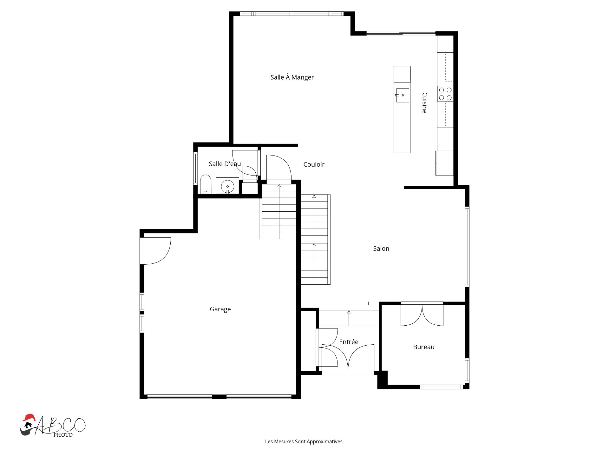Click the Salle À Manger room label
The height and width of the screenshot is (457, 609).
point(292,77)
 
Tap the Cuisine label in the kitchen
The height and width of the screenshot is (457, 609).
point(424,103)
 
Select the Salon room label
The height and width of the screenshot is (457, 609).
point(381,248)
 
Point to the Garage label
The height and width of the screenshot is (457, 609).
point(220,309)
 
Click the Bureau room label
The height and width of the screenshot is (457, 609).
point(424,347)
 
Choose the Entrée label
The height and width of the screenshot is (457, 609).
point(349,342)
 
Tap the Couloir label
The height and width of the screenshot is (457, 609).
point(314,164)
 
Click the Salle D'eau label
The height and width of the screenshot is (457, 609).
point(225,164)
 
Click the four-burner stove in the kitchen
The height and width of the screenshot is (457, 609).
point(445,94)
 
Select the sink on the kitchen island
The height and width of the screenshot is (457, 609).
point(402,95)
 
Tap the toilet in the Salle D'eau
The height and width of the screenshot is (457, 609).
point(206,184)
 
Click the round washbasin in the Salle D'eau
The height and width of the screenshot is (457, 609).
point(227,186)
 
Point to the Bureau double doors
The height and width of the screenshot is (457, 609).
point(422,315)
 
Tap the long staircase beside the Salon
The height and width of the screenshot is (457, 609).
point(315,239)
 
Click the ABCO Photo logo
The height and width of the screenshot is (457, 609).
point(53,426)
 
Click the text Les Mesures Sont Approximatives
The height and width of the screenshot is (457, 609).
point(304,441)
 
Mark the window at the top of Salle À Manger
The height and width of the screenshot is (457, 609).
point(291,14)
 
